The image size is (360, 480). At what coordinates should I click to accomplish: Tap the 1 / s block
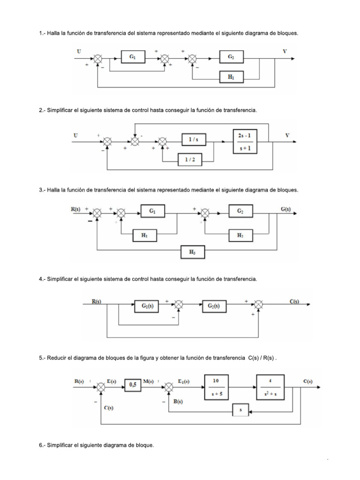point(194,140)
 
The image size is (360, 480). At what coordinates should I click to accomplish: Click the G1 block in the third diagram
point(152,212)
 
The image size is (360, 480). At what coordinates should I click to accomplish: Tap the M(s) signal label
point(149,382)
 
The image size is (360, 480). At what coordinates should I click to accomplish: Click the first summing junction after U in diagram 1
point(98,59)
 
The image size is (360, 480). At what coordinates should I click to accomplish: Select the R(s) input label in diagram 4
point(96,302)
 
